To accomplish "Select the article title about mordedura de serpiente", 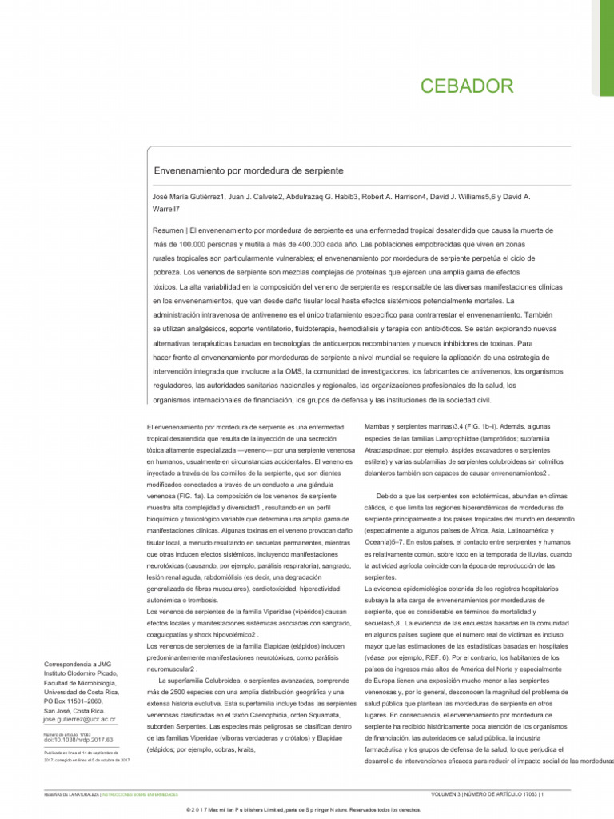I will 248,171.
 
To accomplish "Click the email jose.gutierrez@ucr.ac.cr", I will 79,719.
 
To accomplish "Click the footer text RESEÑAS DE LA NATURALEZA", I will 71,795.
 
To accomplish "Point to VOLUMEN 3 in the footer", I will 451,794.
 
